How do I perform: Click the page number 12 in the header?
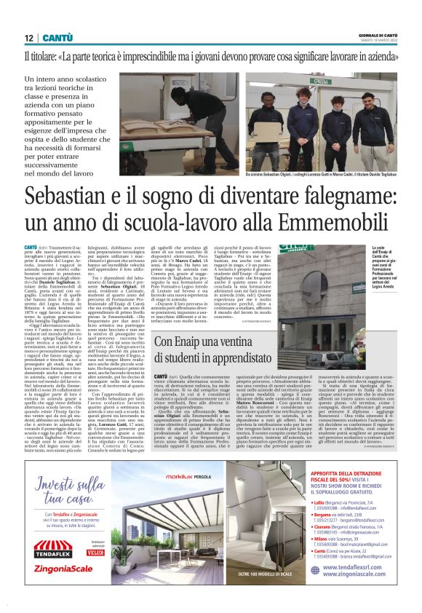pyautogui.click(x=28, y=38)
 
